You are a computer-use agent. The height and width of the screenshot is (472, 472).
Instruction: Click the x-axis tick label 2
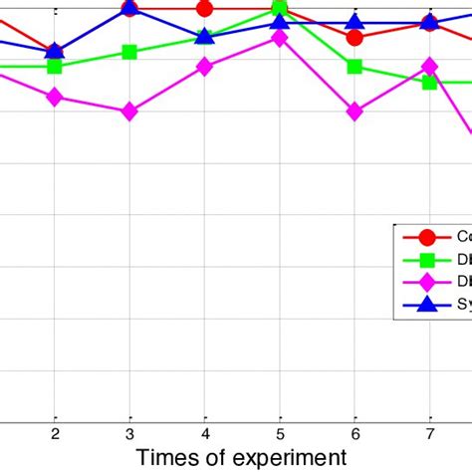(55, 433)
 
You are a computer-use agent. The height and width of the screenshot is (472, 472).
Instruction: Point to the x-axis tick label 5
(280, 433)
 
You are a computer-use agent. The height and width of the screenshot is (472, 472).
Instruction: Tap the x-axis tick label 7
(429, 433)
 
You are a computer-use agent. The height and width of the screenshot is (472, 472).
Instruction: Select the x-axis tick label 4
(205, 433)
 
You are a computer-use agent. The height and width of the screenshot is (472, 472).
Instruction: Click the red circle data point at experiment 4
(205, 9)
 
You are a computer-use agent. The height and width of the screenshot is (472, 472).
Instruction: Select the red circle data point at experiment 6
(354, 38)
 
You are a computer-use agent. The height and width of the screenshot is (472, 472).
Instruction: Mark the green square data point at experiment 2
(55, 67)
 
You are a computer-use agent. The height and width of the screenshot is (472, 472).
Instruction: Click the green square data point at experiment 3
(129, 52)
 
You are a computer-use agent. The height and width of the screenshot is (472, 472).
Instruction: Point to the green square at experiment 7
(429, 82)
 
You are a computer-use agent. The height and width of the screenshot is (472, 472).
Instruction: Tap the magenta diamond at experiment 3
(129, 113)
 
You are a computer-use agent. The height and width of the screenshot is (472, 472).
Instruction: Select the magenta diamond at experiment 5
(280, 38)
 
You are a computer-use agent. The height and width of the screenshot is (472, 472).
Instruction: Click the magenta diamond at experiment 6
(354, 113)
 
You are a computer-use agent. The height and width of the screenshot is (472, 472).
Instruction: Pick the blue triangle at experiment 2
(55, 50)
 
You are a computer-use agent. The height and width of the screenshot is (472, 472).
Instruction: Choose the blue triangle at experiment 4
(205, 36)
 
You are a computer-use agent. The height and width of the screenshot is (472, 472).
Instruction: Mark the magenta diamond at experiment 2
(55, 97)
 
